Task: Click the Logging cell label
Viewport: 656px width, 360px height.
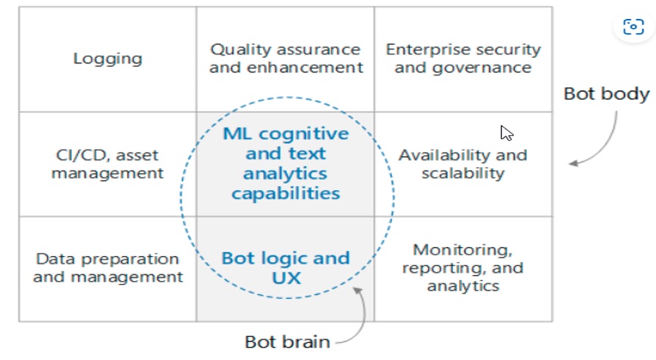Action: coord(108,59)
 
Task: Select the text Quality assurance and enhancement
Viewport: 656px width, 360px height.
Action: coord(285,59)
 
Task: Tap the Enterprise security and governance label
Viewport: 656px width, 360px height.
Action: coord(462,59)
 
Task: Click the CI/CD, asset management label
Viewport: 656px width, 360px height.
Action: coord(108,164)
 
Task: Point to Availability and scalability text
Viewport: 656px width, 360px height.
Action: coord(462,164)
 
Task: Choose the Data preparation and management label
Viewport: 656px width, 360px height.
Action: coord(108,268)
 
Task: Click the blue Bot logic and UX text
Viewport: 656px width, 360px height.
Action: coord(286,268)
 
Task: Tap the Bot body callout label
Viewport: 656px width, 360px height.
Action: coord(606,94)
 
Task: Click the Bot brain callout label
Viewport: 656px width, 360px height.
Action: coord(287,342)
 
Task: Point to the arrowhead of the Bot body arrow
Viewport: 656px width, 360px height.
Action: coord(573,163)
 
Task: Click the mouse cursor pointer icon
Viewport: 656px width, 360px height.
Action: coord(506,133)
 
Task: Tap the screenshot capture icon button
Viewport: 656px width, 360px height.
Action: coord(633,27)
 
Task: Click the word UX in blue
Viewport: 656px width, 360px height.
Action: coord(286,279)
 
